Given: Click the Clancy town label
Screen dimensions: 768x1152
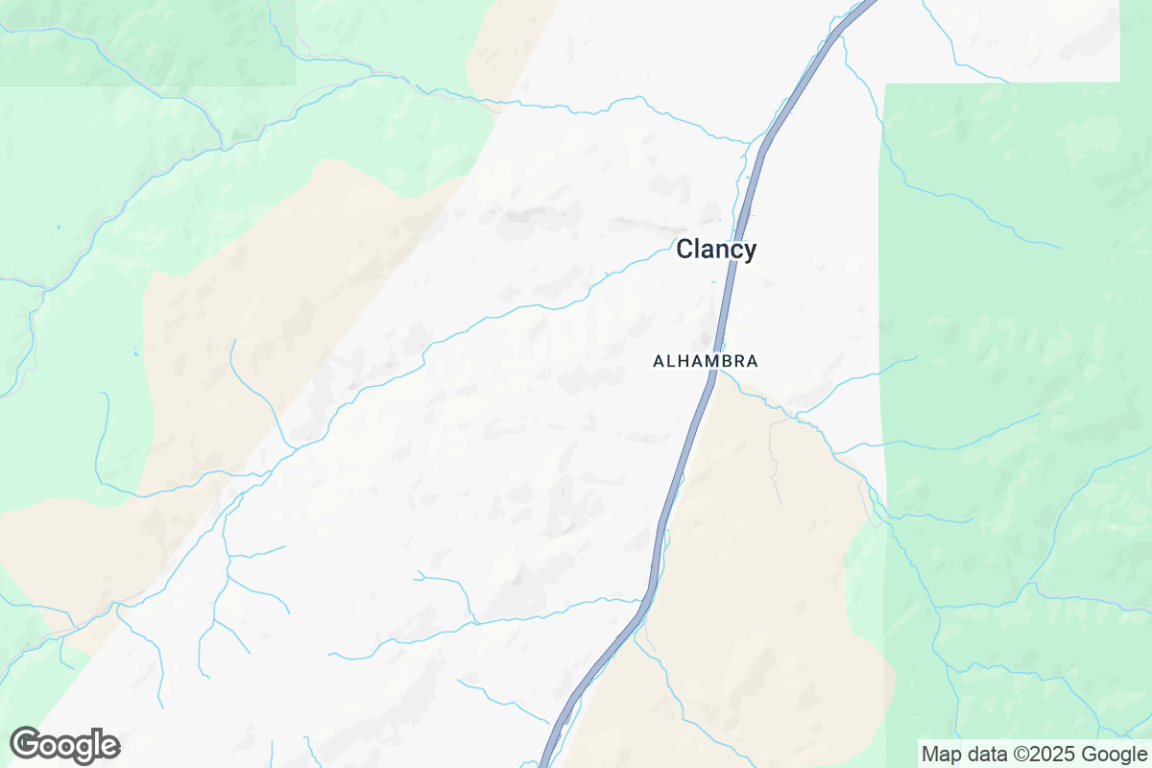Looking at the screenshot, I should [716, 250].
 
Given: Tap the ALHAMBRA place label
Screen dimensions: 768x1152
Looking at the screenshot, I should [706, 362].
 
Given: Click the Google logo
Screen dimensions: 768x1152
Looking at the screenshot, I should [65, 745].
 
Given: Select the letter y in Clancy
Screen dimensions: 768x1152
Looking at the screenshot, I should [748, 252].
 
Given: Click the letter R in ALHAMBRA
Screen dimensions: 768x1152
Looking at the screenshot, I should [737, 362].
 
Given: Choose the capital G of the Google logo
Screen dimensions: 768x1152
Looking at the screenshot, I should [26, 745].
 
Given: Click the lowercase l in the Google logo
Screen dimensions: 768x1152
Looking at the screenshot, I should [99, 744].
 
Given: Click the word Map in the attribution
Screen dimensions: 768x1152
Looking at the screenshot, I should [939, 754].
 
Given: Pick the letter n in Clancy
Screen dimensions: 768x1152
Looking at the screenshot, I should [721, 251].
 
